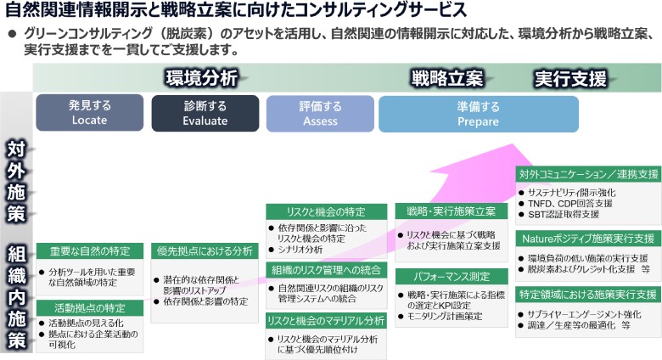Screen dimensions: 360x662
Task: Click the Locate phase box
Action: [89, 113]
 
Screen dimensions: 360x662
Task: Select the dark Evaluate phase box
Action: [205, 113]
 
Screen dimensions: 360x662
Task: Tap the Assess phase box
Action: [320, 113]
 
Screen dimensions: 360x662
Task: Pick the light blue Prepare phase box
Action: [478, 113]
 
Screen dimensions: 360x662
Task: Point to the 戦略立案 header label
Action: [447, 79]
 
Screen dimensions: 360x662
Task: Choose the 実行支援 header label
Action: [570, 79]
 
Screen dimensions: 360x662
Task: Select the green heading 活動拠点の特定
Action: [89, 307]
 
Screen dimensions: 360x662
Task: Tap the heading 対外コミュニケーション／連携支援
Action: [587, 174]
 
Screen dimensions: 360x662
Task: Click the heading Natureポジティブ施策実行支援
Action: [587, 239]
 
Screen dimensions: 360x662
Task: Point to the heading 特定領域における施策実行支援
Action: [587, 295]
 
